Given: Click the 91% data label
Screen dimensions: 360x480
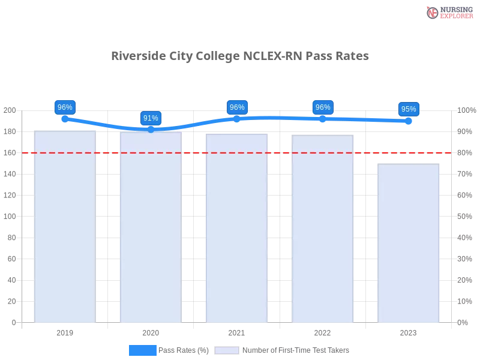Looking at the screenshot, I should tap(151, 118).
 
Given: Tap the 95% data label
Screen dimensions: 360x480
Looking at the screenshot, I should tap(409, 109).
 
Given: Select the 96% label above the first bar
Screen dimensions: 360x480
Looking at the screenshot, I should tap(65, 107).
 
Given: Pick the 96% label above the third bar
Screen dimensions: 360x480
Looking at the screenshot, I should tap(237, 107).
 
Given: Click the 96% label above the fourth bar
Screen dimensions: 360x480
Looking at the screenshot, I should tap(323, 107).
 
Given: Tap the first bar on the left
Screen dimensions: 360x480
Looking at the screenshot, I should tap(65, 228).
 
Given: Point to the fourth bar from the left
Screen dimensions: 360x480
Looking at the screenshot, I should tap(323, 228).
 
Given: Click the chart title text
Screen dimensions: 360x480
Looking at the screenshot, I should tap(239, 56).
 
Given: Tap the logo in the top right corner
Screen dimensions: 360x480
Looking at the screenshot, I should tap(448, 13).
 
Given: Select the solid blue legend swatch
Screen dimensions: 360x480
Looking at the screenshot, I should tap(143, 350).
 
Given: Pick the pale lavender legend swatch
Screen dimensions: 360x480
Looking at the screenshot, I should tap(227, 350).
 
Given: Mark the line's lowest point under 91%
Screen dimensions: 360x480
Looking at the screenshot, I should tap(151, 130).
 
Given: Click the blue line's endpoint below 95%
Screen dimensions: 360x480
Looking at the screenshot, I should tap(411, 121).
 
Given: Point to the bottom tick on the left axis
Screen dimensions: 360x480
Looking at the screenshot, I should tap(13, 323).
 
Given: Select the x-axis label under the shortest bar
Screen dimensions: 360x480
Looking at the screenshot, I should tap(408, 331).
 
